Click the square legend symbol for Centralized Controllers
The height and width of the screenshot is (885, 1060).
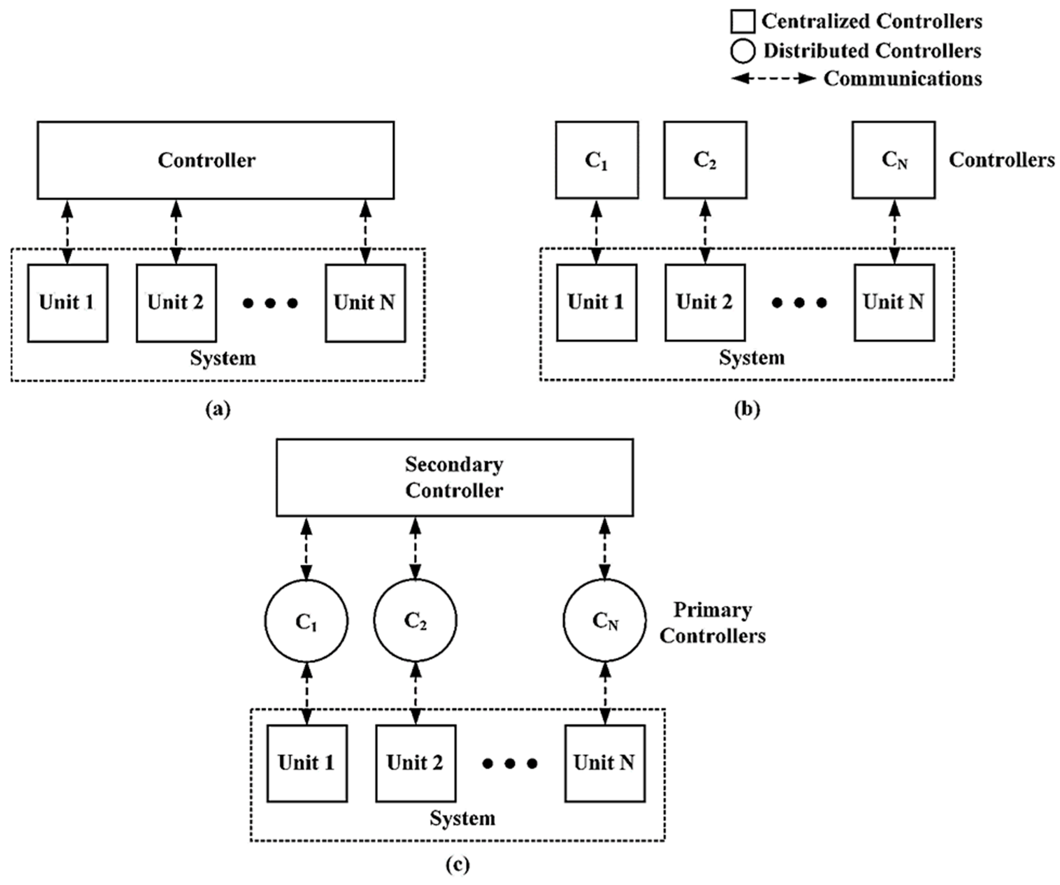(742, 22)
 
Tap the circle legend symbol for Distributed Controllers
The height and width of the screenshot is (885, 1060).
(742, 51)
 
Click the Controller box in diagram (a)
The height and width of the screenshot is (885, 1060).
(215, 160)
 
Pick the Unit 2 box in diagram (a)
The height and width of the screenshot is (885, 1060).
(176, 303)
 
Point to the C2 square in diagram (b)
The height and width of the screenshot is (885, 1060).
(705, 160)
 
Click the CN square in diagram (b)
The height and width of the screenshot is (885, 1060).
(893, 160)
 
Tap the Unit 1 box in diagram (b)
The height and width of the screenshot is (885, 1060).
(597, 302)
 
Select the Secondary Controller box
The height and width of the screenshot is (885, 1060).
(454, 478)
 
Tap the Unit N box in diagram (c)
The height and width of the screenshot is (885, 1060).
(605, 763)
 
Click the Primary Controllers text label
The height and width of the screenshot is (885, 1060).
(712, 623)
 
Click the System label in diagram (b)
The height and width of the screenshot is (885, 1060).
(752, 358)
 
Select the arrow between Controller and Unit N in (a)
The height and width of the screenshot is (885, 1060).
(365, 232)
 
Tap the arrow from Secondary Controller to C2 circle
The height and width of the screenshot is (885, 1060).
(415, 548)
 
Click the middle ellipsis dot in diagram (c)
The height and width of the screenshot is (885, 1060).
(510, 764)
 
